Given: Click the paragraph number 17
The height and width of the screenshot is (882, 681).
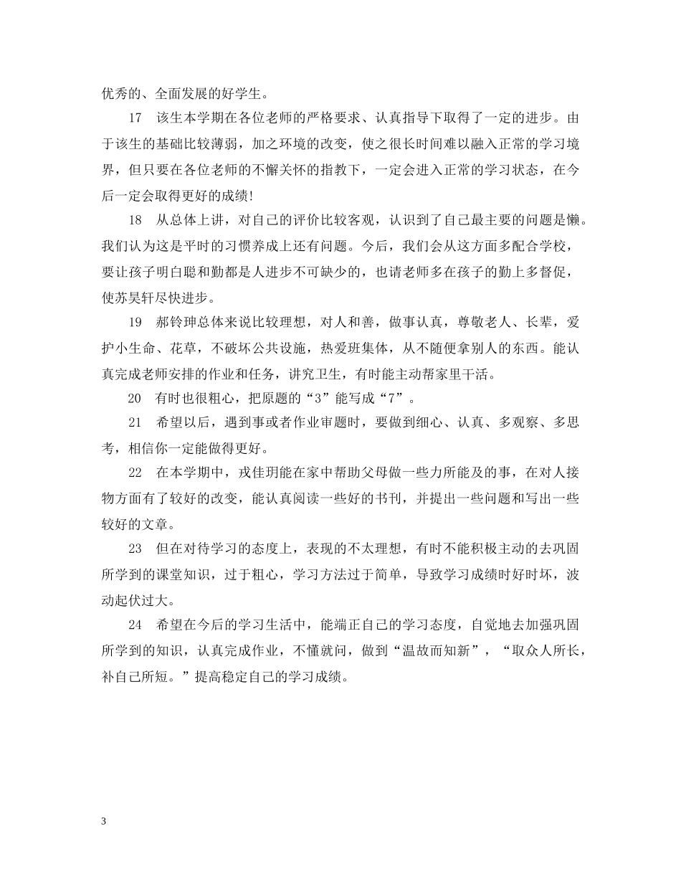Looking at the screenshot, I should (135, 118).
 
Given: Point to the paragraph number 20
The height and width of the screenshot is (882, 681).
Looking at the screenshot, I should (135, 399).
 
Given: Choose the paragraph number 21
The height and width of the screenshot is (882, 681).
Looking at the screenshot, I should (135, 424).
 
